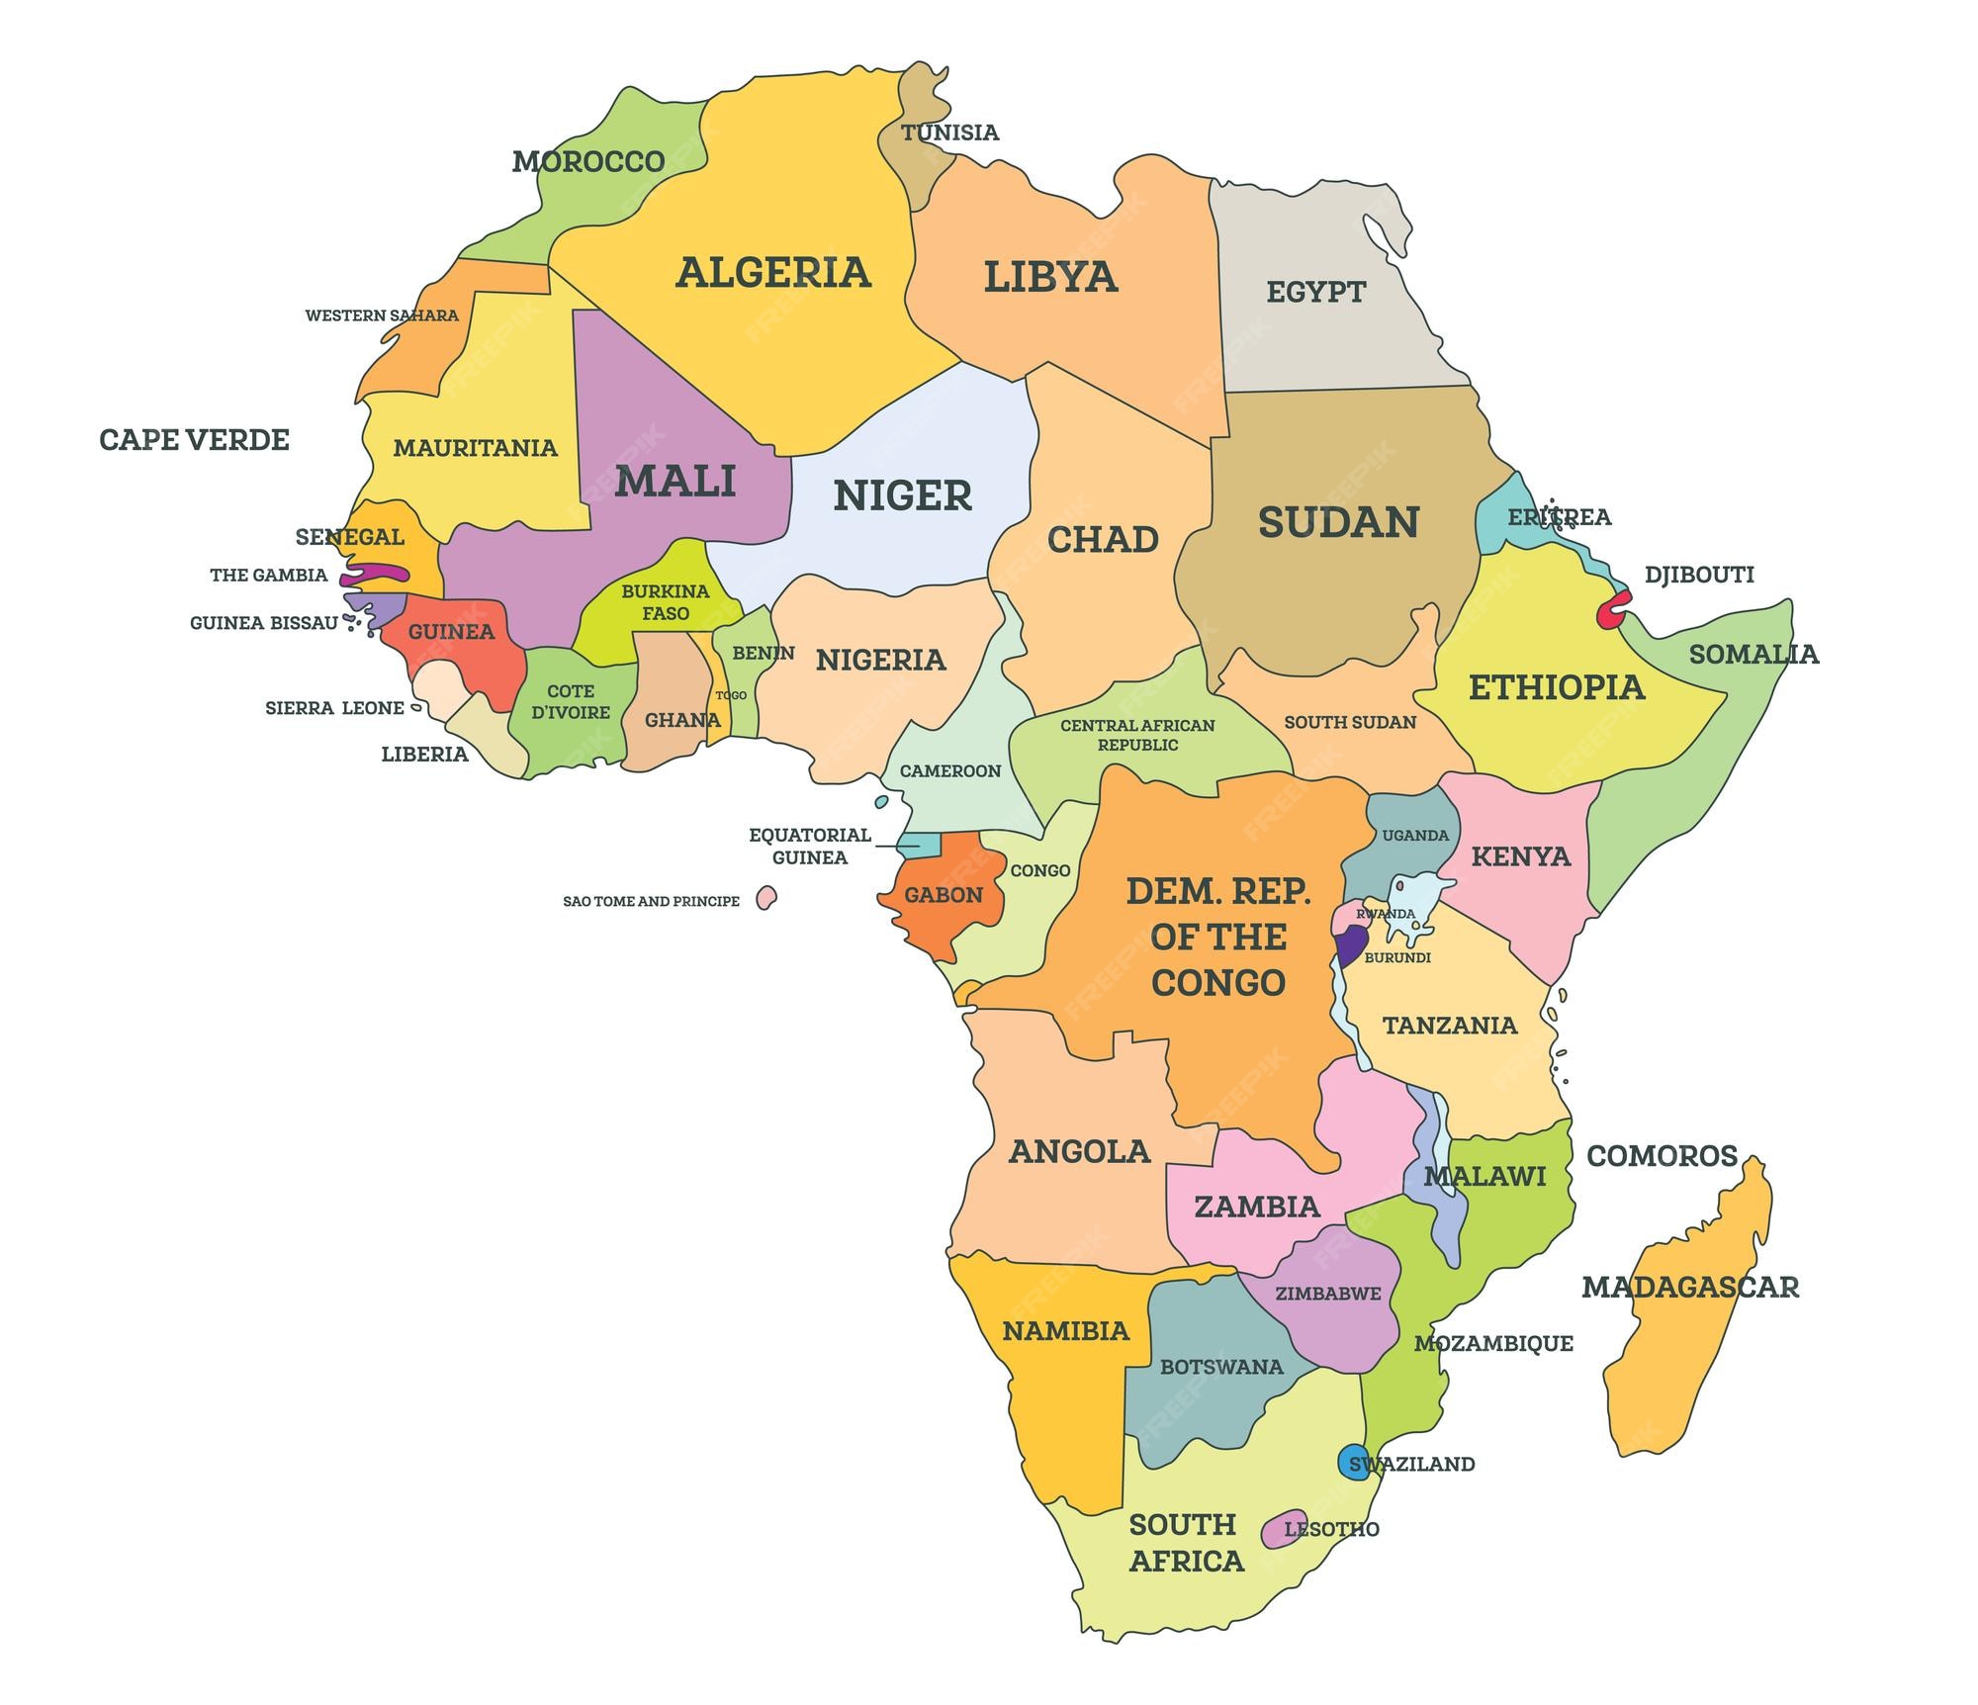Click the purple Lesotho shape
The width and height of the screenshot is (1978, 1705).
(x=1282, y=1529)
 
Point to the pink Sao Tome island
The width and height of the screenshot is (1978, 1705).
(x=765, y=898)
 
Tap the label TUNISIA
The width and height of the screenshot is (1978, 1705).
(x=949, y=133)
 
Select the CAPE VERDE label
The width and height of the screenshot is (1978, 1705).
(x=194, y=440)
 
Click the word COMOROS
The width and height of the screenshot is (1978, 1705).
(x=1662, y=1156)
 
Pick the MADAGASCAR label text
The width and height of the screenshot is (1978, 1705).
(x=1689, y=1288)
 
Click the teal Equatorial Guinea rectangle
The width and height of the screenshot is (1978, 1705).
(x=919, y=845)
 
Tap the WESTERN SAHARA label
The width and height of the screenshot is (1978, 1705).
(x=381, y=315)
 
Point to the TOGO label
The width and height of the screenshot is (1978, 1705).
(x=731, y=695)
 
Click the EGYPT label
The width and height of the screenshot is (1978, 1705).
(x=1315, y=293)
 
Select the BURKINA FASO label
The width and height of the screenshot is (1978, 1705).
(x=665, y=602)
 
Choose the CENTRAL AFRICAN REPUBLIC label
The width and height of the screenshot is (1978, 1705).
(x=1137, y=735)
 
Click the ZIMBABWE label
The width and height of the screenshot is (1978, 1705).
(x=1327, y=1294)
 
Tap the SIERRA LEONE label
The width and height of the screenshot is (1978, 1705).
(x=334, y=708)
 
